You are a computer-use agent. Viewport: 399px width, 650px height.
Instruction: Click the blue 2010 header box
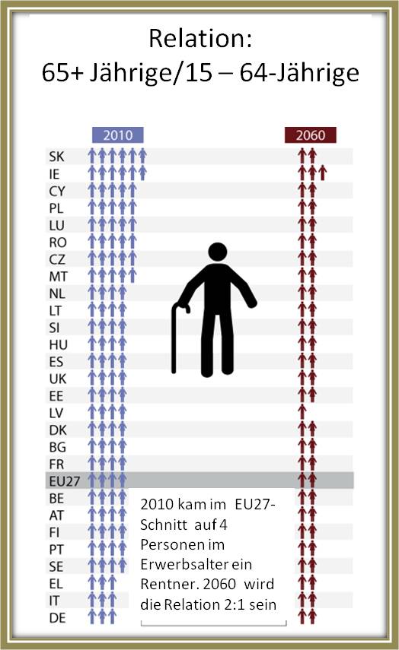point(117,135)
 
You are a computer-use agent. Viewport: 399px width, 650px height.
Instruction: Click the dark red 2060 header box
point(311,135)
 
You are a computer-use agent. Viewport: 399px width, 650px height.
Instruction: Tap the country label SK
point(56,157)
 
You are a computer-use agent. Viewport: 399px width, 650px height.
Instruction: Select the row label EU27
point(65,481)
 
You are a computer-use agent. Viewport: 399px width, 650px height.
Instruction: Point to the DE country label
point(57,618)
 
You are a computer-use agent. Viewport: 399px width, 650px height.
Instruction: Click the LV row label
point(56,413)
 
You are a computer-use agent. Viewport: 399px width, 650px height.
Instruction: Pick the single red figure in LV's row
point(302,413)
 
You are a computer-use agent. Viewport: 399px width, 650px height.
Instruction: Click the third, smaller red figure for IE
point(323,173)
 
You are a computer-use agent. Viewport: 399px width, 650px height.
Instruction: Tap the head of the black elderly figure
point(218,252)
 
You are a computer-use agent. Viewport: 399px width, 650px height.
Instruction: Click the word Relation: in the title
point(200,39)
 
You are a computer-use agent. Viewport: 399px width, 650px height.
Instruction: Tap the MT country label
point(58,277)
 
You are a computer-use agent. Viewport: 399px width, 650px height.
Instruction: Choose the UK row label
point(58,379)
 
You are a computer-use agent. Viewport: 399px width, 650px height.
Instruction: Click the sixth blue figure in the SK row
point(142,157)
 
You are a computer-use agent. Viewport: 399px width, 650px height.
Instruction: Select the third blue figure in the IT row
point(112,601)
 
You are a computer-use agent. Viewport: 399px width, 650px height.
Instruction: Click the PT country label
point(56,550)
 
